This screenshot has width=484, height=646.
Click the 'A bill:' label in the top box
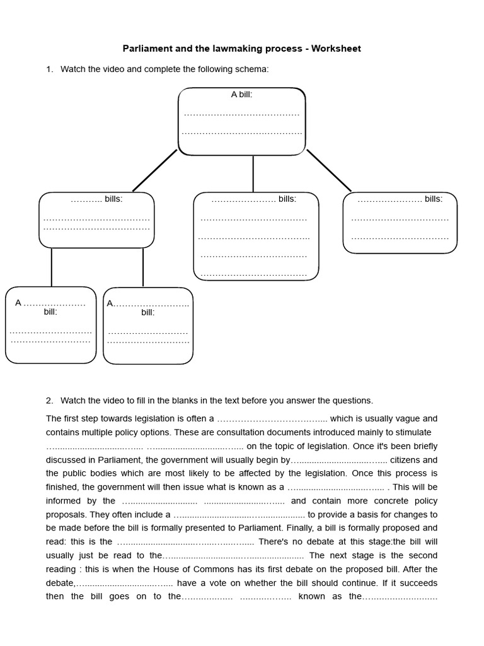(x=241, y=95)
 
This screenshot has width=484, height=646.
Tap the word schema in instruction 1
(x=253, y=69)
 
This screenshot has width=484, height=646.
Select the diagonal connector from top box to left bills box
(x=155, y=170)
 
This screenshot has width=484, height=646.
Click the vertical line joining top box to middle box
(x=253, y=173)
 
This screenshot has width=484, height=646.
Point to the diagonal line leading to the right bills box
(x=328, y=170)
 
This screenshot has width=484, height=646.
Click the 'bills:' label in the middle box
(x=287, y=199)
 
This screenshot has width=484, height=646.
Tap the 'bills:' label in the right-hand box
(x=433, y=199)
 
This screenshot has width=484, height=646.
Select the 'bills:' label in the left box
(x=113, y=199)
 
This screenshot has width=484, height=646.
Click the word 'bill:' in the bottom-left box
(x=50, y=312)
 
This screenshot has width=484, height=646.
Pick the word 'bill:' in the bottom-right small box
(x=148, y=312)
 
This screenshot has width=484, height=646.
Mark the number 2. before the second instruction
(x=50, y=401)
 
